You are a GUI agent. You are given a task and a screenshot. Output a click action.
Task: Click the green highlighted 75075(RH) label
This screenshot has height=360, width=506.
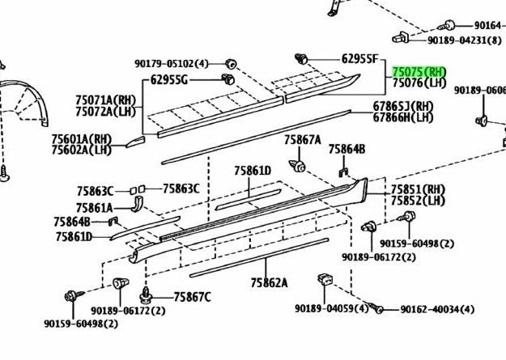(x=419, y=72)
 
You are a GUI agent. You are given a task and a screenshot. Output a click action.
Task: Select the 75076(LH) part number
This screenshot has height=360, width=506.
(x=419, y=83)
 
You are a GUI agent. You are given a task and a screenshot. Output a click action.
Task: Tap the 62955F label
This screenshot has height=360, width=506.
(x=359, y=59)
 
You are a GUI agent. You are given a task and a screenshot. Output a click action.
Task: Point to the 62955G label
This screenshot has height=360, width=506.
(x=168, y=79)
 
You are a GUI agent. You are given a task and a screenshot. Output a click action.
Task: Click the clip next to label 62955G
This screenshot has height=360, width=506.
(x=228, y=78)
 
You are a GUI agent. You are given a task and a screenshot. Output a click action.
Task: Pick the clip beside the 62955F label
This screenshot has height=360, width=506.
(x=301, y=59)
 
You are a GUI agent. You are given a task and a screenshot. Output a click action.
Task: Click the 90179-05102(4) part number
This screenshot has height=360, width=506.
(x=172, y=64)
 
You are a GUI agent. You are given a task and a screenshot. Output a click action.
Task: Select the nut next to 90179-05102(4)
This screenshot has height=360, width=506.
(x=231, y=64)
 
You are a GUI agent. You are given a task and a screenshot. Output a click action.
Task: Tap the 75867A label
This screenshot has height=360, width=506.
(x=303, y=140)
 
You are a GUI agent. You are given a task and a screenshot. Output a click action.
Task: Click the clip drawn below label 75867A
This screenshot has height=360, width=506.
(x=298, y=166)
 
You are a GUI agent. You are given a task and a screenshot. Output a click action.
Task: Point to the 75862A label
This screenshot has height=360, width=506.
(x=269, y=283)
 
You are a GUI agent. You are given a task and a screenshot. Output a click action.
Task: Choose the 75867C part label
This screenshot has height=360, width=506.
(x=193, y=297)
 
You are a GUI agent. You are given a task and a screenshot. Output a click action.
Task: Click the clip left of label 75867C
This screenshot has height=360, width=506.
(x=147, y=296)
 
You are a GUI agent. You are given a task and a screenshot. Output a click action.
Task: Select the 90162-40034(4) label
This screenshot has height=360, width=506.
(x=437, y=310)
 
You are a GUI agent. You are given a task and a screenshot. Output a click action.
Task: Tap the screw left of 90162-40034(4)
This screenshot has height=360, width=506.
(x=376, y=307)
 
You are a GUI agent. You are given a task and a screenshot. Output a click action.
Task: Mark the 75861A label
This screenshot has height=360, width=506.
(x=95, y=208)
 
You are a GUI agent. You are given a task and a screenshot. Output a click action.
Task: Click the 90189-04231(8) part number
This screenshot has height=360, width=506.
(x=465, y=40)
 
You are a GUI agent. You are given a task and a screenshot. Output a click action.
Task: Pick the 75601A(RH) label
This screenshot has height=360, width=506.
(x=81, y=139)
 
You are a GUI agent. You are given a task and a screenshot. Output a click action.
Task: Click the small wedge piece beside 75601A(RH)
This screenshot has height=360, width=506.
(x=135, y=142)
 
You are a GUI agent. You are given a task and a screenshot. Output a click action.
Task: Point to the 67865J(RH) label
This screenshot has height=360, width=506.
(x=403, y=106)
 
